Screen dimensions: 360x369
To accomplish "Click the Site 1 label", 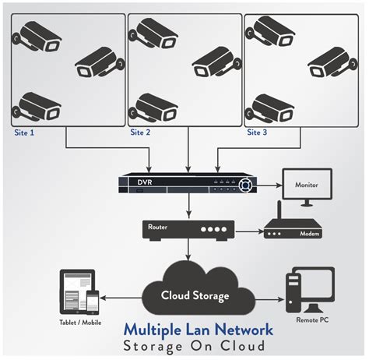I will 26,133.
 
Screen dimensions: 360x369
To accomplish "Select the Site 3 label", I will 258,133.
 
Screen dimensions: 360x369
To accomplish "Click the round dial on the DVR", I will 247,185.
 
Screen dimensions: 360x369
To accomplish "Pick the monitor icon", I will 306,188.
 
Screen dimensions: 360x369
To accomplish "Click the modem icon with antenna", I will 289,228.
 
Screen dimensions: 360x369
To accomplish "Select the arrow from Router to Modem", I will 248,231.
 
